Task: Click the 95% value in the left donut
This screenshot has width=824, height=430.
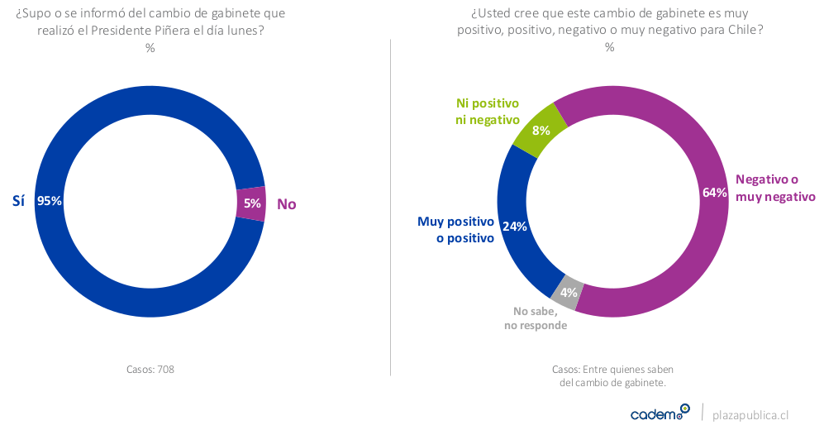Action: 50,201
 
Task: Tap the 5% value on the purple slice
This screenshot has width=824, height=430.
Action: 252,203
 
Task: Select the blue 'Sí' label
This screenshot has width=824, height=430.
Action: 18,201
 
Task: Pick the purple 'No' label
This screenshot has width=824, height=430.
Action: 286,203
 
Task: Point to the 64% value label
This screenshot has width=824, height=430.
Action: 714,192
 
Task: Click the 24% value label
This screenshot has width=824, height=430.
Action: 514,227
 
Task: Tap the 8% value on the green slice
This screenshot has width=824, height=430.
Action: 541,131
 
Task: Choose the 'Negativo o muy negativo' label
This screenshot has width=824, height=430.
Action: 774,188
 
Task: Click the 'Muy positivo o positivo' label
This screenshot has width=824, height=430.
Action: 455,230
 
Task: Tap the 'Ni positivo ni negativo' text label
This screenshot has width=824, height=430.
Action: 488,112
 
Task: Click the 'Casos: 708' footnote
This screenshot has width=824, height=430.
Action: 150,369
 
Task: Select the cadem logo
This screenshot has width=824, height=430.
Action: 659,413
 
